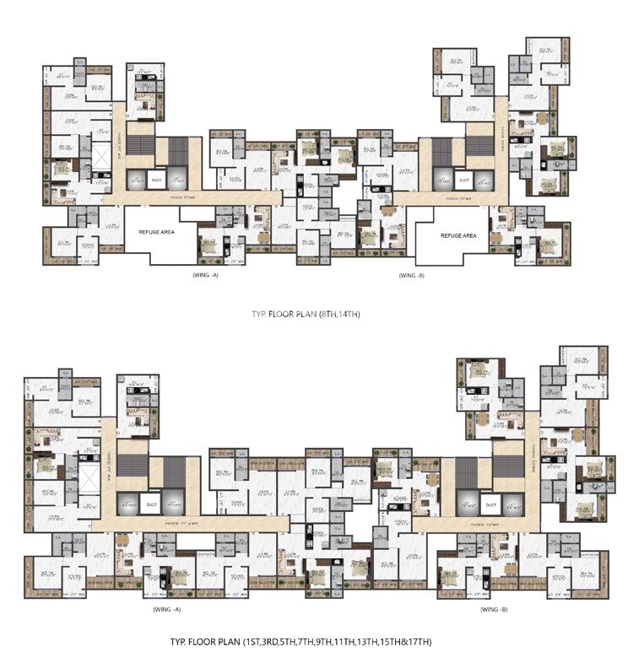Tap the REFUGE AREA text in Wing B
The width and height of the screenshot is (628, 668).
pyautogui.click(x=458, y=236)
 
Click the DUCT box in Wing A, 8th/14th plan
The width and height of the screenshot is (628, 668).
pyautogui.click(x=156, y=180)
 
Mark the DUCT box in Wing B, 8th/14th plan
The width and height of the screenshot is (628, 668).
pyautogui.click(x=463, y=180)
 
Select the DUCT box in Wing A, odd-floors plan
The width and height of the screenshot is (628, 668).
pyautogui.click(x=152, y=505)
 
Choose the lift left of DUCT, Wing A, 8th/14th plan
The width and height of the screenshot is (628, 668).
pyautogui.click(x=135, y=179)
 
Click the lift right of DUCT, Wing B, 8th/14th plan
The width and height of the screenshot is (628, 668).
pyautogui.click(x=484, y=179)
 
